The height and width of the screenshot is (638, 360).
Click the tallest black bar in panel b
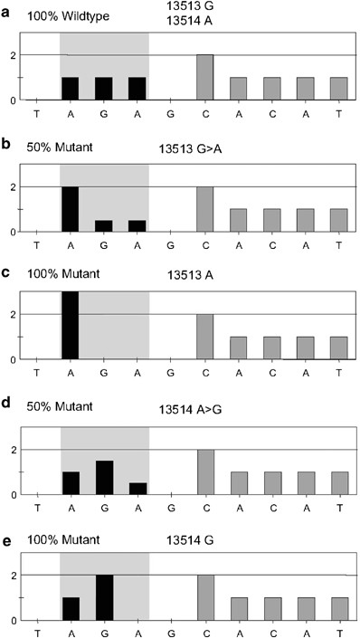tap(70, 208)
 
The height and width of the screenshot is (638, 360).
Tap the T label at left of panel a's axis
tap(36, 114)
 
